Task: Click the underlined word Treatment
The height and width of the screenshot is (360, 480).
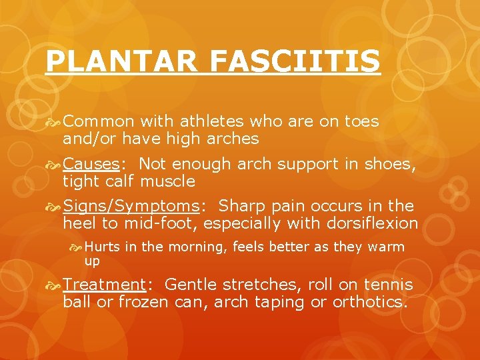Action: pos(104,285)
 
